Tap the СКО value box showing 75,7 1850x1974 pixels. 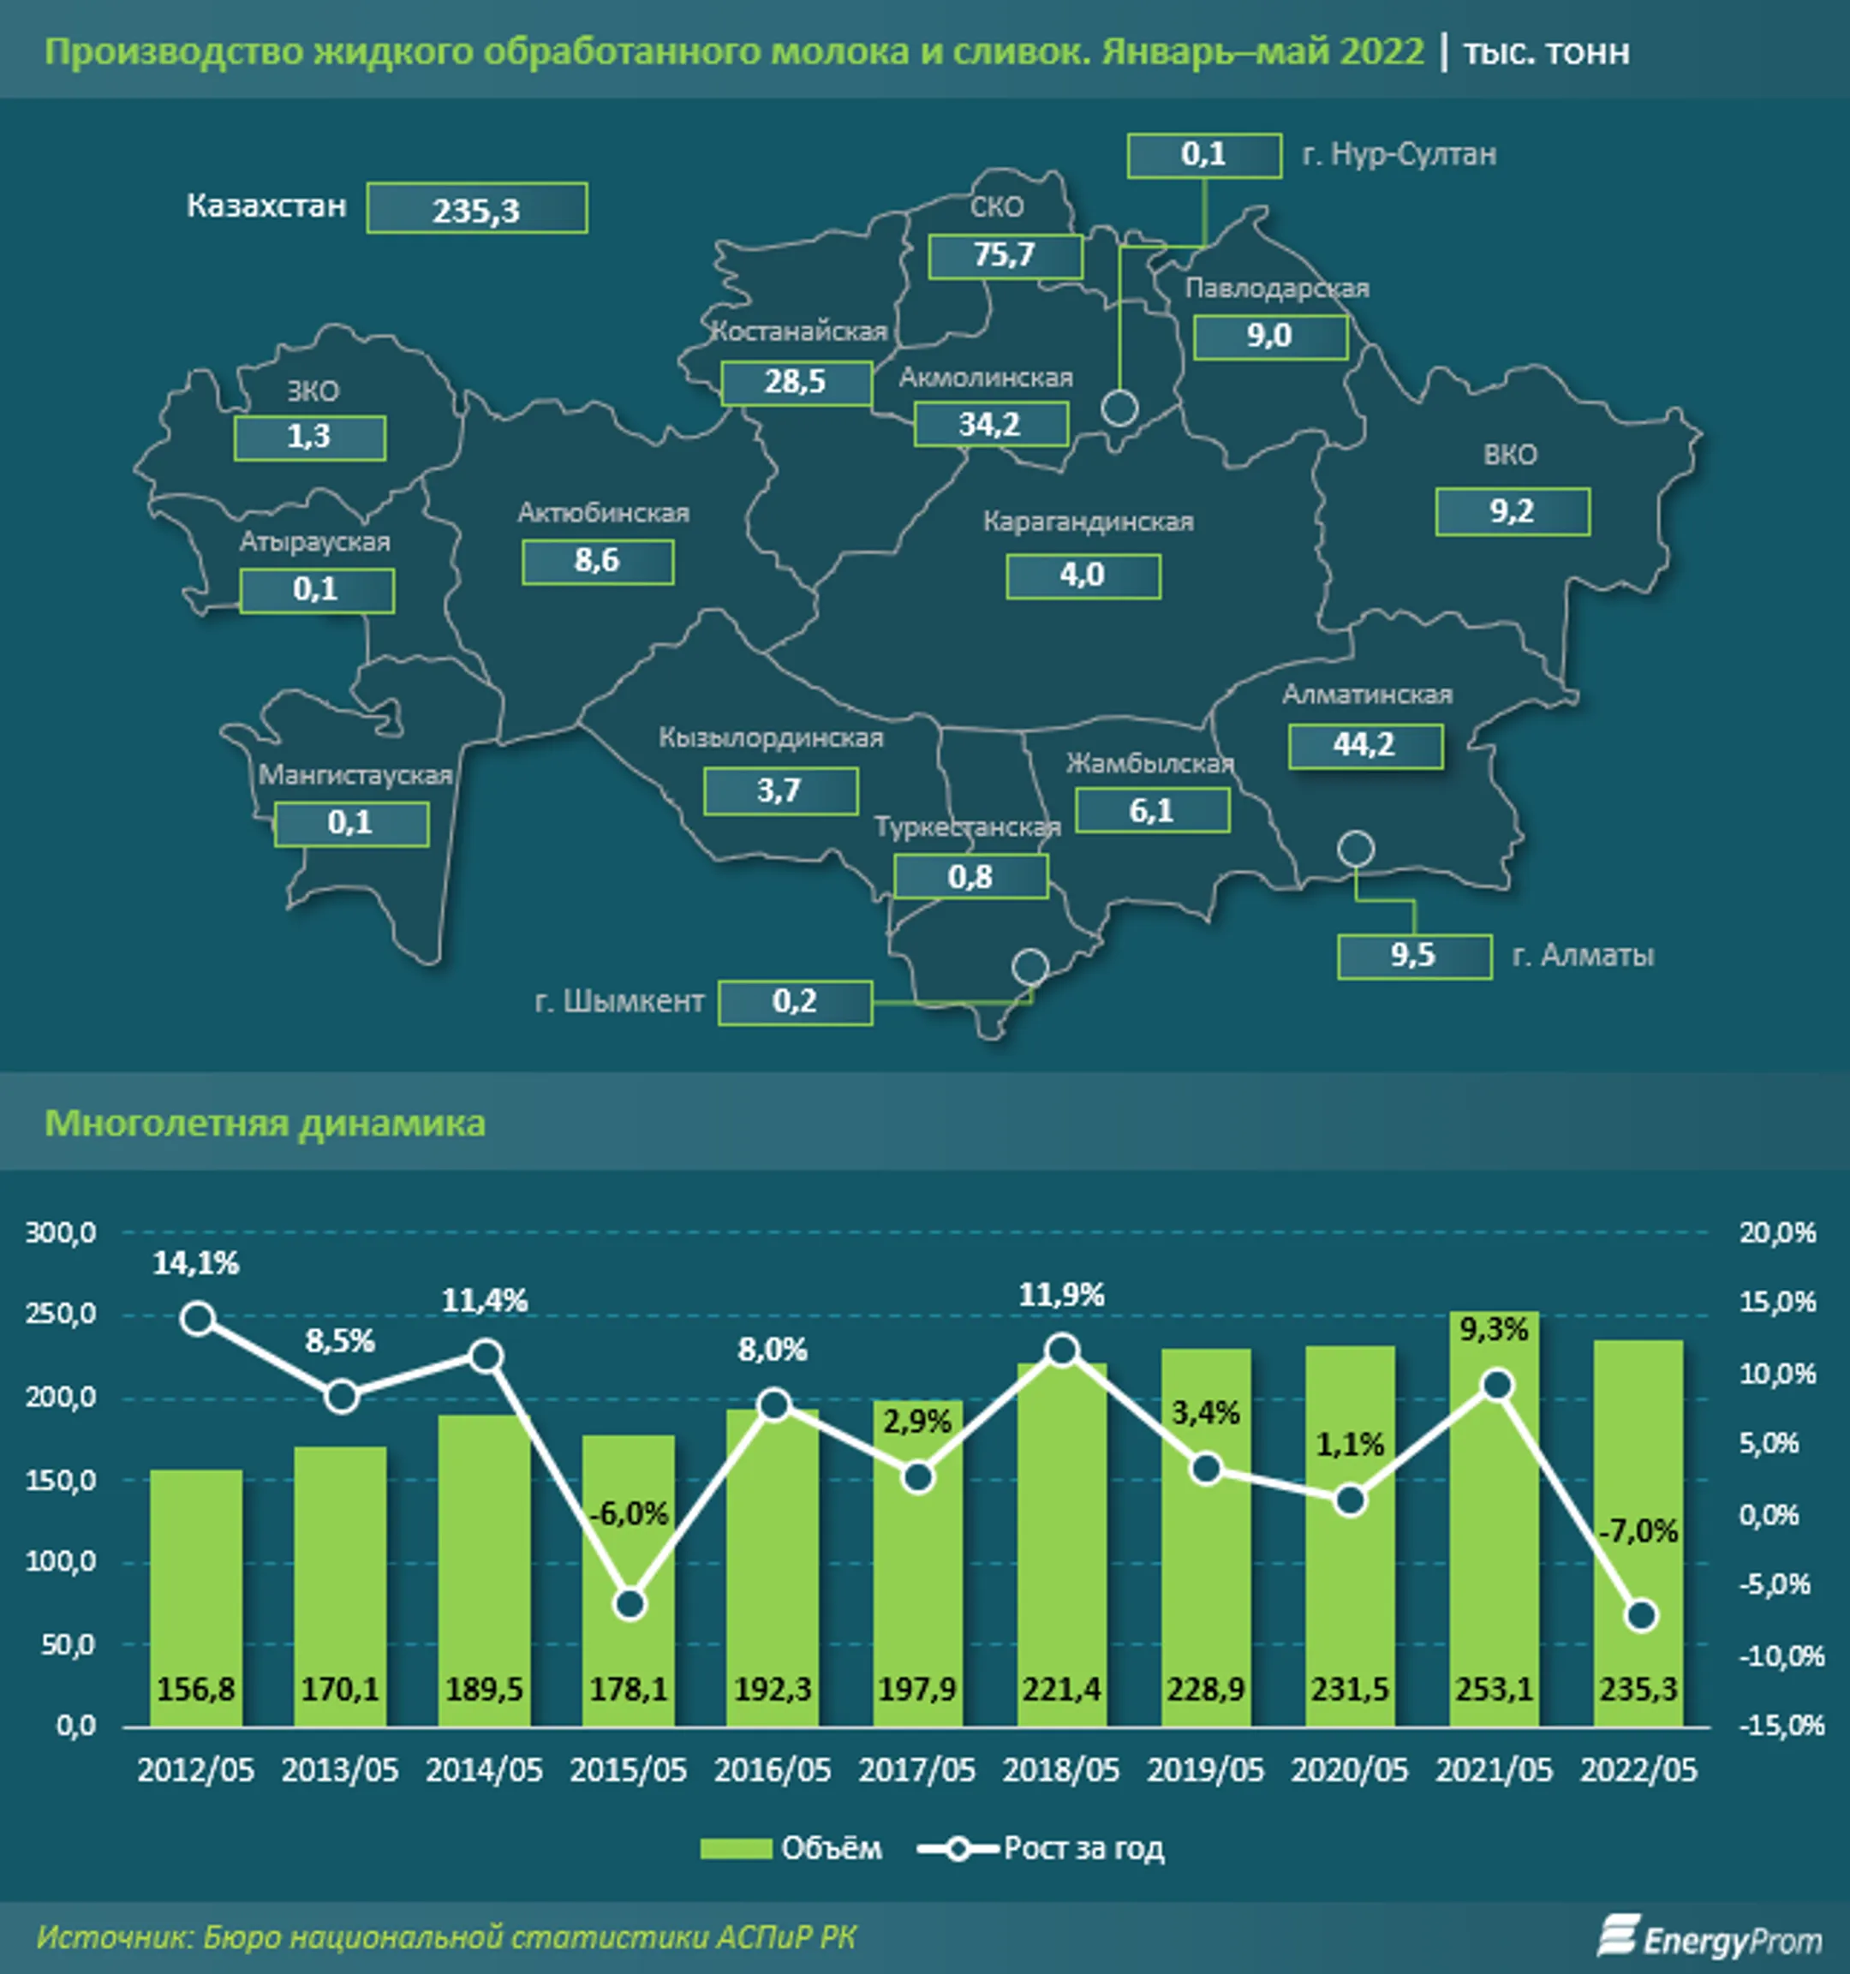point(1005,256)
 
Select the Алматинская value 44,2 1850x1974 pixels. point(1364,746)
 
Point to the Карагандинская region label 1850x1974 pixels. point(1088,522)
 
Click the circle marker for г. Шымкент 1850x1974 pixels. point(1029,966)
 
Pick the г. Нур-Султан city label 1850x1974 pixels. point(1399,155)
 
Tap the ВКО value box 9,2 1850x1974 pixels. point(1512,511)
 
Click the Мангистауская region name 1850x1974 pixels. point(355,776)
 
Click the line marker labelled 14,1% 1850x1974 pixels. point(199,1319)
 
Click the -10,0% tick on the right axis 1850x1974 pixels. point(1781,1656)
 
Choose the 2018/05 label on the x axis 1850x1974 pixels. point(1060,1769)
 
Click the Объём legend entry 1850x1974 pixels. point(791,1849)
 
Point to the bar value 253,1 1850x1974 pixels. point(1494,1689)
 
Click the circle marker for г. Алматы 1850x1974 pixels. point(1356,849)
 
